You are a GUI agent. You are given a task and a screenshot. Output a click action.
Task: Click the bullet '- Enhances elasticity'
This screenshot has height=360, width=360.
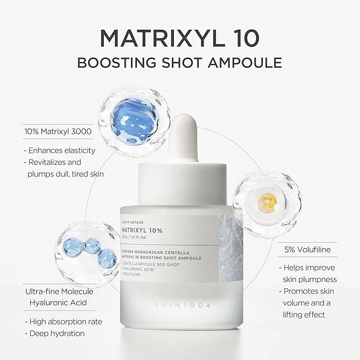59,151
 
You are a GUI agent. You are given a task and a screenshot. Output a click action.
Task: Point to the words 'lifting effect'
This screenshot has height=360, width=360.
305,314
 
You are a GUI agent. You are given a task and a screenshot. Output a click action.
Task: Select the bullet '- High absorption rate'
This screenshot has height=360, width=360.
63,321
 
